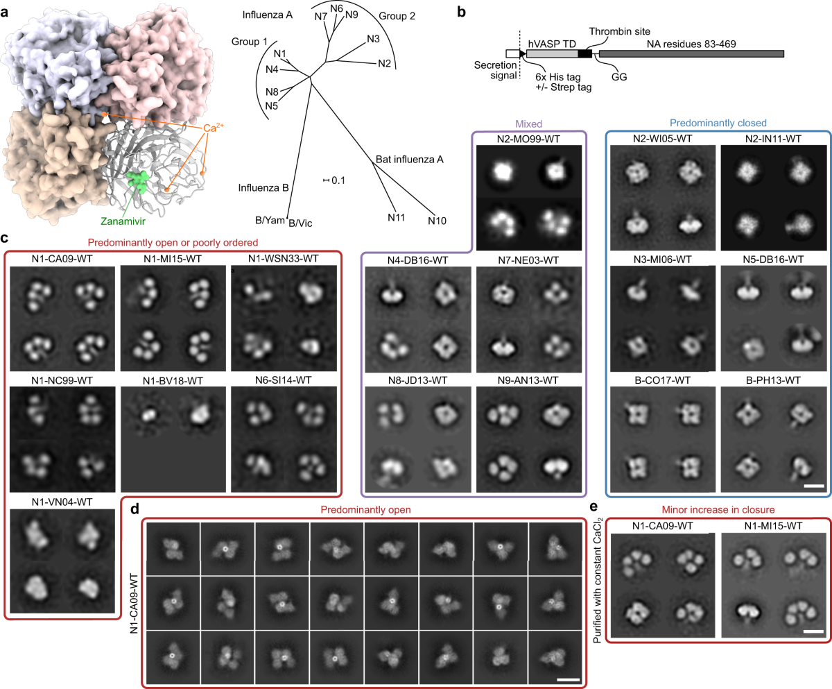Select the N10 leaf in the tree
[x=437, y=221]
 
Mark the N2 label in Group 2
[x=385, y=65]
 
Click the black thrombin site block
[x=585, y=53]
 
